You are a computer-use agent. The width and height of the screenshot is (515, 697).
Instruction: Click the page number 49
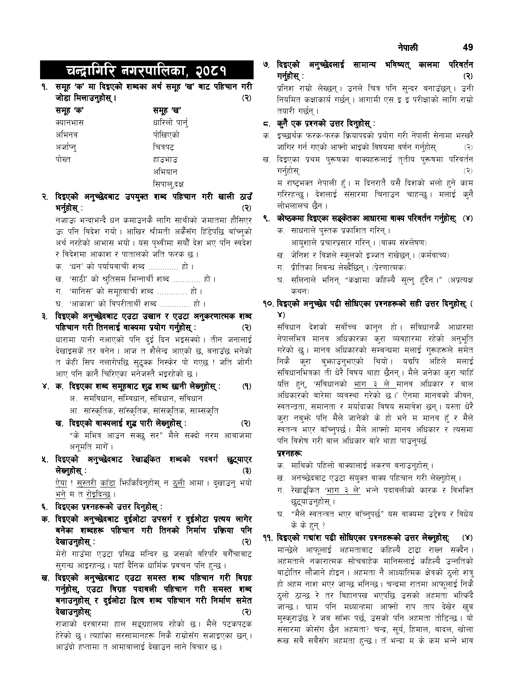click(x=468, y=47)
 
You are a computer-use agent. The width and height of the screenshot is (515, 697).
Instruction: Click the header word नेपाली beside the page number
click(x=408, y=48)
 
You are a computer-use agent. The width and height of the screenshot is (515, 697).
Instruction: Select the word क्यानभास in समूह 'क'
click(x=70, y=123)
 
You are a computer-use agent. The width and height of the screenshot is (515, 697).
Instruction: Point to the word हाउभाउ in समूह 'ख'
click(x=165, y=160)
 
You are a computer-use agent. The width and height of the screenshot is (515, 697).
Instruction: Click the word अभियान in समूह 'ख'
click(x=165, y=172)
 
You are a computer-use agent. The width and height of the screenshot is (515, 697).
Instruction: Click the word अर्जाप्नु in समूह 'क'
click(x=66, y=147)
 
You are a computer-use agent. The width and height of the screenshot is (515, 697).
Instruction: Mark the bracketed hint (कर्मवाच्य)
click(x=433, y=256)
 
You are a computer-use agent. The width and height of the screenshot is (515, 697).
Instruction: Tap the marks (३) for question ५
click(x=247, y=471)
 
